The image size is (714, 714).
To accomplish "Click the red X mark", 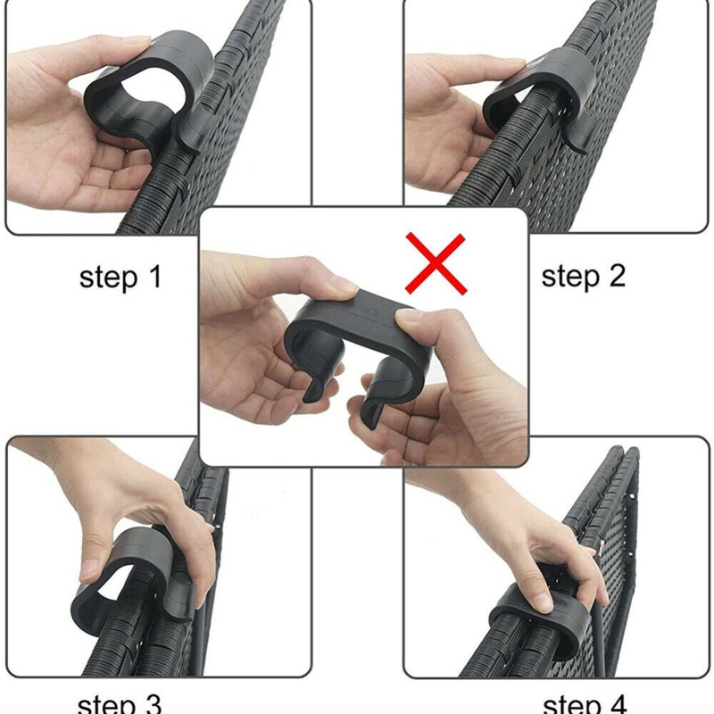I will pyautogui.click(x=436, y=263).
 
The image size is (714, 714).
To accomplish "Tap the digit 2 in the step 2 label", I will pyautogui.click(x=616, y=278).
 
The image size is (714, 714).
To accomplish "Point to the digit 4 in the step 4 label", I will pyautogui.click(x=617, y=703).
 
